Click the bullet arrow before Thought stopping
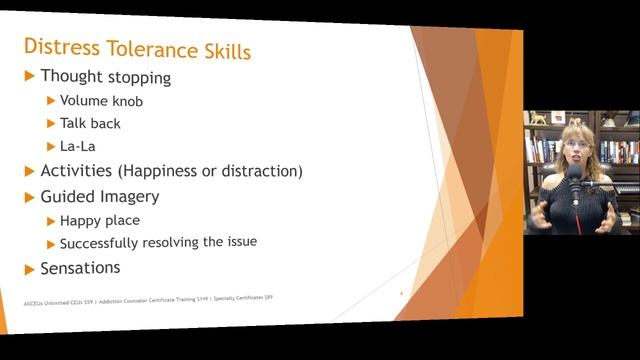tap(30, 76)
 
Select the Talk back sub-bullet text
tap(90, 124)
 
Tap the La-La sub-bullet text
tap(77, 147)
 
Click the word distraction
tap(261, 171)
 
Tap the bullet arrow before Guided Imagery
tap(30, 196)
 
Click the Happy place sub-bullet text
tap(99, 220)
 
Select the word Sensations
tap(80, 268)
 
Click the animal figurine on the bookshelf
tap(539, 118)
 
